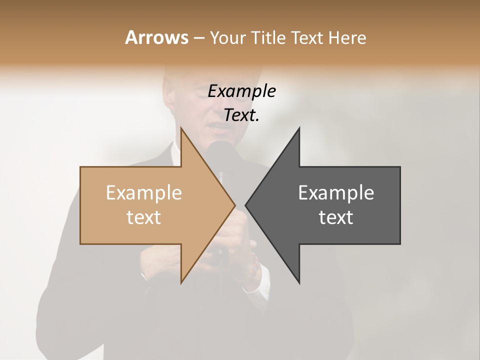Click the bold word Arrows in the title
(x=156, y=37)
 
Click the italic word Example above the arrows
(x=241, y=91)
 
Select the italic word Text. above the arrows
(x=241, y=115)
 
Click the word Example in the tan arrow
(x=144, y=193)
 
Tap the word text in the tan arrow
(x=144, y=217)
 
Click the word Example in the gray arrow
(x=336, y=193)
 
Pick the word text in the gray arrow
(x=336, y=217)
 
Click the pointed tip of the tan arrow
(x=234, y=205)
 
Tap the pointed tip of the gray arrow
(x=246, y=205)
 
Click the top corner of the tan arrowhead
(x=181, y=128)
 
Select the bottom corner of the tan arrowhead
(x=181, y=282)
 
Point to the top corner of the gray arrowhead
(x=299, y=128)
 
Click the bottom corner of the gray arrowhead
(x=299, y=282)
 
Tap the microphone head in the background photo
(x=220, y=152)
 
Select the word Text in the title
(x=306, y=38)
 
